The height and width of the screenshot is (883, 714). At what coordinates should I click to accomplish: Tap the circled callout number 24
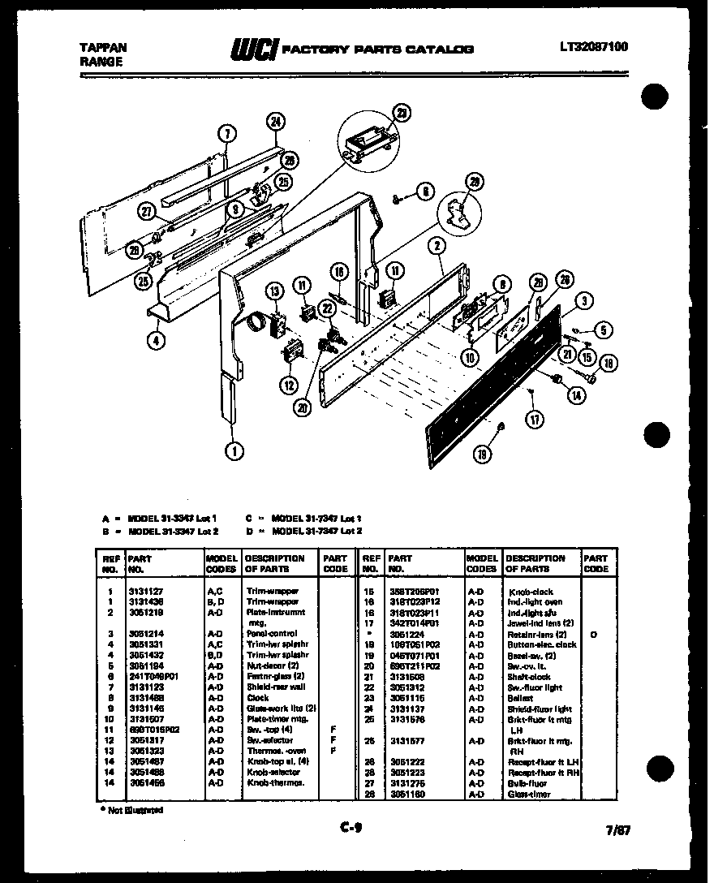tap(276, 123)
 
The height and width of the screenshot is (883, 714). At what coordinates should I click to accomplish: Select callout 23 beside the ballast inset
tap(400, 113)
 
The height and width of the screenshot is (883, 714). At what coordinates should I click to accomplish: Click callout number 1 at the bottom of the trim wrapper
tap(234, 451)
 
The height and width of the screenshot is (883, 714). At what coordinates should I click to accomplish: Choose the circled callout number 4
tap(154, 341)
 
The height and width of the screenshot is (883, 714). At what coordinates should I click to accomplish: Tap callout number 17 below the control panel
tap(534, 420)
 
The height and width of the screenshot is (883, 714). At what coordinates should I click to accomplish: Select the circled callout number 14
tap(577, 395)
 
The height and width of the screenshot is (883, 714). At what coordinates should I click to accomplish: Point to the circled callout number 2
tap(437, 246)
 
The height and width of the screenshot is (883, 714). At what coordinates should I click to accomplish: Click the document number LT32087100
tap(593, 47)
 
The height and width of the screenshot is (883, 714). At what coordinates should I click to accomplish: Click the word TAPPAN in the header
tap(102, 47)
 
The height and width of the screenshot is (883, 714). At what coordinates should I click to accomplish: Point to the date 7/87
tap(617, 830)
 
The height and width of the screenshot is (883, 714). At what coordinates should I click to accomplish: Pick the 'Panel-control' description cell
tap(272, 633)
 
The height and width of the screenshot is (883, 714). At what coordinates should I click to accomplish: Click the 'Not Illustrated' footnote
tap(131, 810)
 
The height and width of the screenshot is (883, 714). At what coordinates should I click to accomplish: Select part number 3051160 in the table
tap(406, 794)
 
